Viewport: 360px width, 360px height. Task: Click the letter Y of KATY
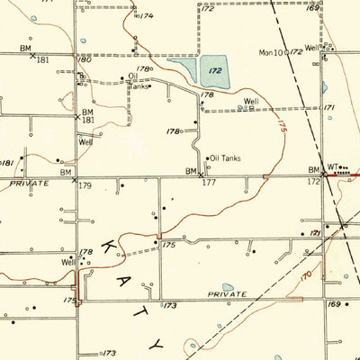(160, 345)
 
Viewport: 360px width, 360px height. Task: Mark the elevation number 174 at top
(148, 16)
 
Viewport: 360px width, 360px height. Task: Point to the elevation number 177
(209, 182)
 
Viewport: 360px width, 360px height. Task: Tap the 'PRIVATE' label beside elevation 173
(226, 293)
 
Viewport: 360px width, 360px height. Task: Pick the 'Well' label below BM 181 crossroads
(85, 142)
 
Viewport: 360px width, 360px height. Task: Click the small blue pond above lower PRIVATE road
(228, 288)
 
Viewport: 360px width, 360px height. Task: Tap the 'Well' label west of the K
(69, 262)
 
